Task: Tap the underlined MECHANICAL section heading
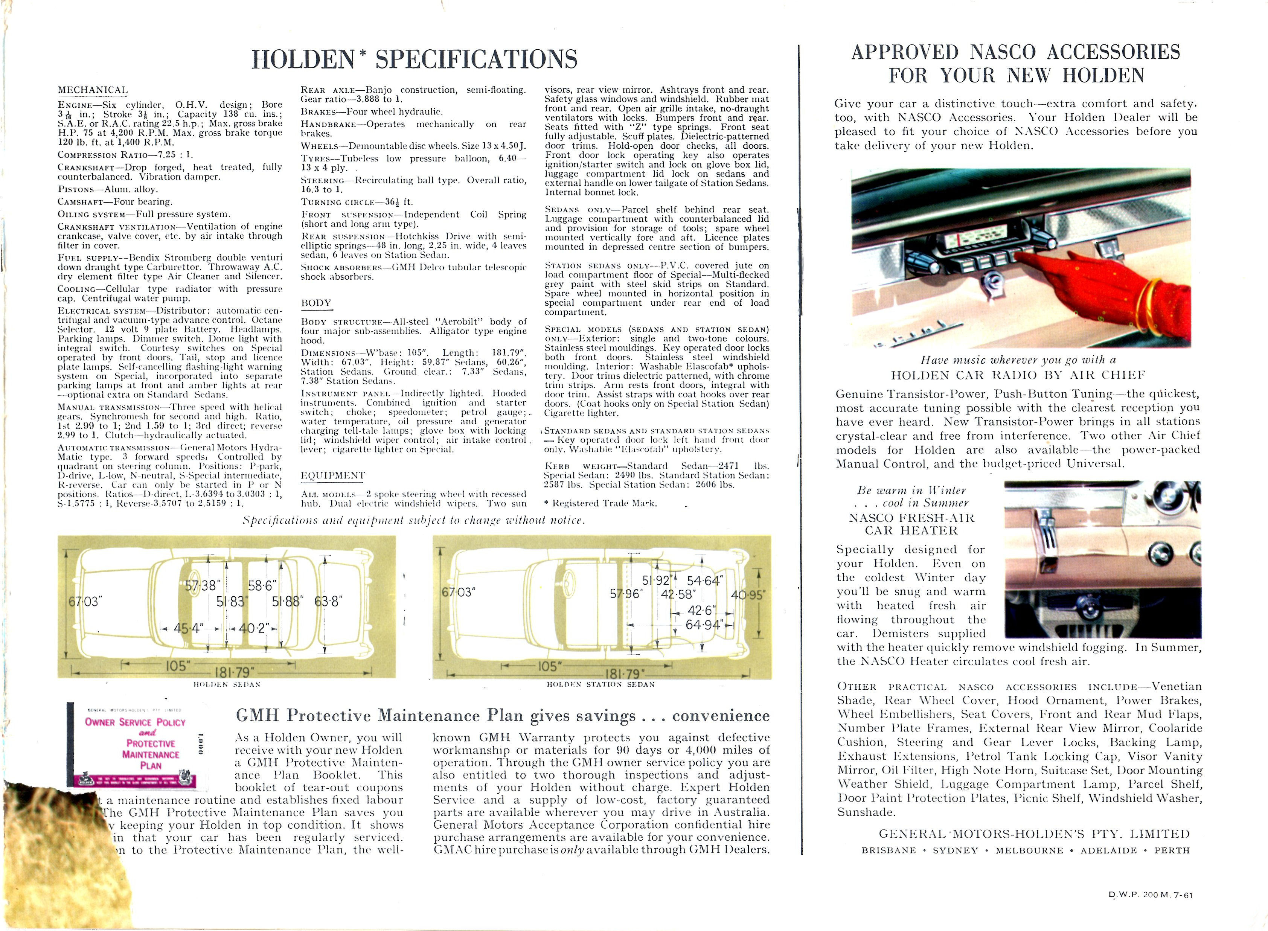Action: point(92,90)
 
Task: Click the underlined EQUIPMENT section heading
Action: point(332,475)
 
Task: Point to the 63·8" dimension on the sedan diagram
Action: point(328,601)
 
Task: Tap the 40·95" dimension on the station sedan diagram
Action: point(748,595)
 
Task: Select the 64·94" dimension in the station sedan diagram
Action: point(704,625)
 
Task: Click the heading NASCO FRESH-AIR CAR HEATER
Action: point(911,524)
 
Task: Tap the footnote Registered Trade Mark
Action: point(604,503)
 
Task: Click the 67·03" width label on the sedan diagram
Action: point(85,601)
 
